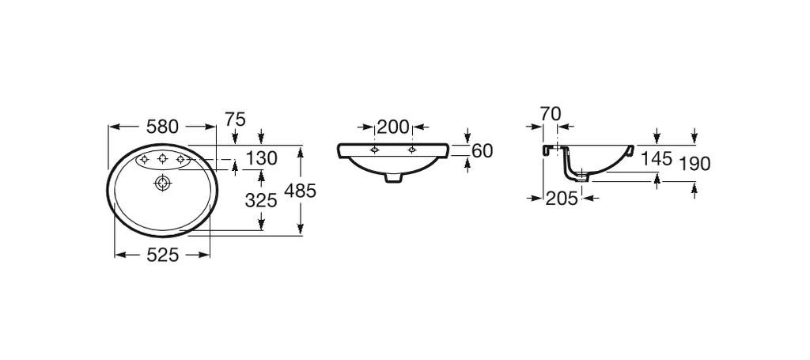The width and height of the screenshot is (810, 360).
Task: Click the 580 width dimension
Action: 162,126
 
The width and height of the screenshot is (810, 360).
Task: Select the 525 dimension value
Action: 162,255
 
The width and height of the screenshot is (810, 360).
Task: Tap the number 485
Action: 300,191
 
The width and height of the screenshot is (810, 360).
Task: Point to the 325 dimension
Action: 261,200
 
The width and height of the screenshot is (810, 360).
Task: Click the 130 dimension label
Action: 261,158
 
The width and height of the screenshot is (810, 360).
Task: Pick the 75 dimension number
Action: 235,119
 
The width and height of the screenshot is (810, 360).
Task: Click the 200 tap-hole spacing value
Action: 393,127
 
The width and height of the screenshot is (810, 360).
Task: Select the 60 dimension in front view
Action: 483,151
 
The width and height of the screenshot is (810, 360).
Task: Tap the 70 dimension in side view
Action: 551,113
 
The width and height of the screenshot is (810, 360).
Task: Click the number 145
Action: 657,158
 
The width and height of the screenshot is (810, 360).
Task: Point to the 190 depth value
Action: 695,164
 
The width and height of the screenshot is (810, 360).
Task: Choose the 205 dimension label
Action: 562,198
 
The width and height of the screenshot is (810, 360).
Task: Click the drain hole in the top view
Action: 163,183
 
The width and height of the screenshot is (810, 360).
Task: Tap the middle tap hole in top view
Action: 163,159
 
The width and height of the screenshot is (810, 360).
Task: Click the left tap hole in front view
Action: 376,150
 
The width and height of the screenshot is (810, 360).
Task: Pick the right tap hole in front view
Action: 411,150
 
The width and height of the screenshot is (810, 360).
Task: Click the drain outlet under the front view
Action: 394,178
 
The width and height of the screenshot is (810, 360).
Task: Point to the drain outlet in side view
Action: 582,176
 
